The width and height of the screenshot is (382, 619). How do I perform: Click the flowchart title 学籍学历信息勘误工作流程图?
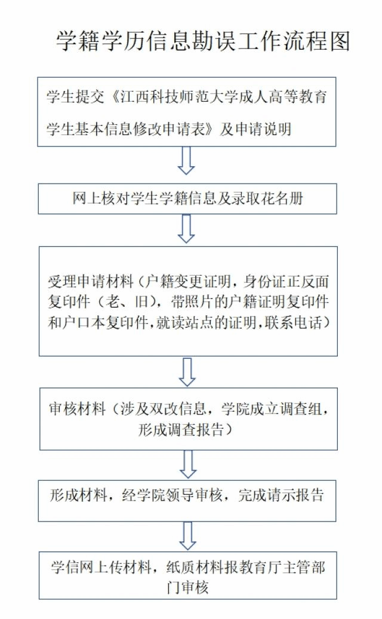coord(203,41)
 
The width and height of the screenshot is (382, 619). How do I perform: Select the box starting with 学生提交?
coord(187,112)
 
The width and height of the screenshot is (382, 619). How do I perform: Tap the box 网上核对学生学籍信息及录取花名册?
coord(187,199)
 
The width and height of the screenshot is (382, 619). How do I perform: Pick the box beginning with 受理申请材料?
coord(188,301)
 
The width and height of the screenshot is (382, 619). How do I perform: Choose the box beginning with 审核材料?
coord(189,419)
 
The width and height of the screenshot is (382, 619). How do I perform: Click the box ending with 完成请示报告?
coord(187,501)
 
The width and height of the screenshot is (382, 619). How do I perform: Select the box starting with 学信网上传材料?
coord(188,575)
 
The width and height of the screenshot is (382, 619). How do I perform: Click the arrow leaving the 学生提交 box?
coord(186,161)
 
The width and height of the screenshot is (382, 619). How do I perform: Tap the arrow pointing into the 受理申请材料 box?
coord(186,229)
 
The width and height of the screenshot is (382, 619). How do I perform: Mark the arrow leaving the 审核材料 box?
coord(188,465)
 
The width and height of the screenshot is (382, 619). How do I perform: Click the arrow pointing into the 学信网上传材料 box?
coord(188,536)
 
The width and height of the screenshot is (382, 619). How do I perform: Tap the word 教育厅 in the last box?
coord(261,568)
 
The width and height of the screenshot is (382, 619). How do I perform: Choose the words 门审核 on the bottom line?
coord(187,587)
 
